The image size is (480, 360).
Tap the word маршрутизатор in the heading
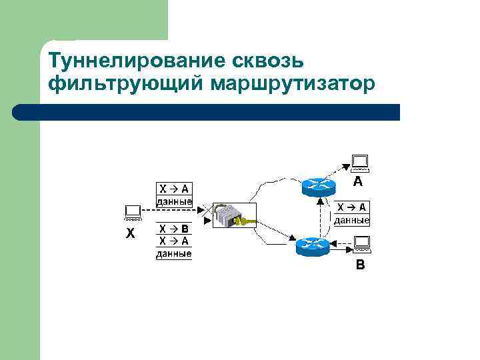[x=294, y=85]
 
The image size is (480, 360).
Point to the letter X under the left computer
[x=131, y=234]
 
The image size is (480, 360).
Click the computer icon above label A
[x=360, y=163]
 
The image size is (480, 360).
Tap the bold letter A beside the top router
[x=358, y=181]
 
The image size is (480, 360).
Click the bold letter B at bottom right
[x=360, y=265]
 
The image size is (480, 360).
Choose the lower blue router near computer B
[x=312, y=247]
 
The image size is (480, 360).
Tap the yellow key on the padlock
[x=247, y=220]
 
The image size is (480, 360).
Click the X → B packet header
[x=173, y=229]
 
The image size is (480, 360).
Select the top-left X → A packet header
[x=173, y=189]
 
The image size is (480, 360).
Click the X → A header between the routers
[x=351, y=207]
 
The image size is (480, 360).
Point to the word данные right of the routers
[x=351, y=219]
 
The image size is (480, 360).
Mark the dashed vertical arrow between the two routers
[x=321, y=216]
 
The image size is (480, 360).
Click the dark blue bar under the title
[x=207, y=112]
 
